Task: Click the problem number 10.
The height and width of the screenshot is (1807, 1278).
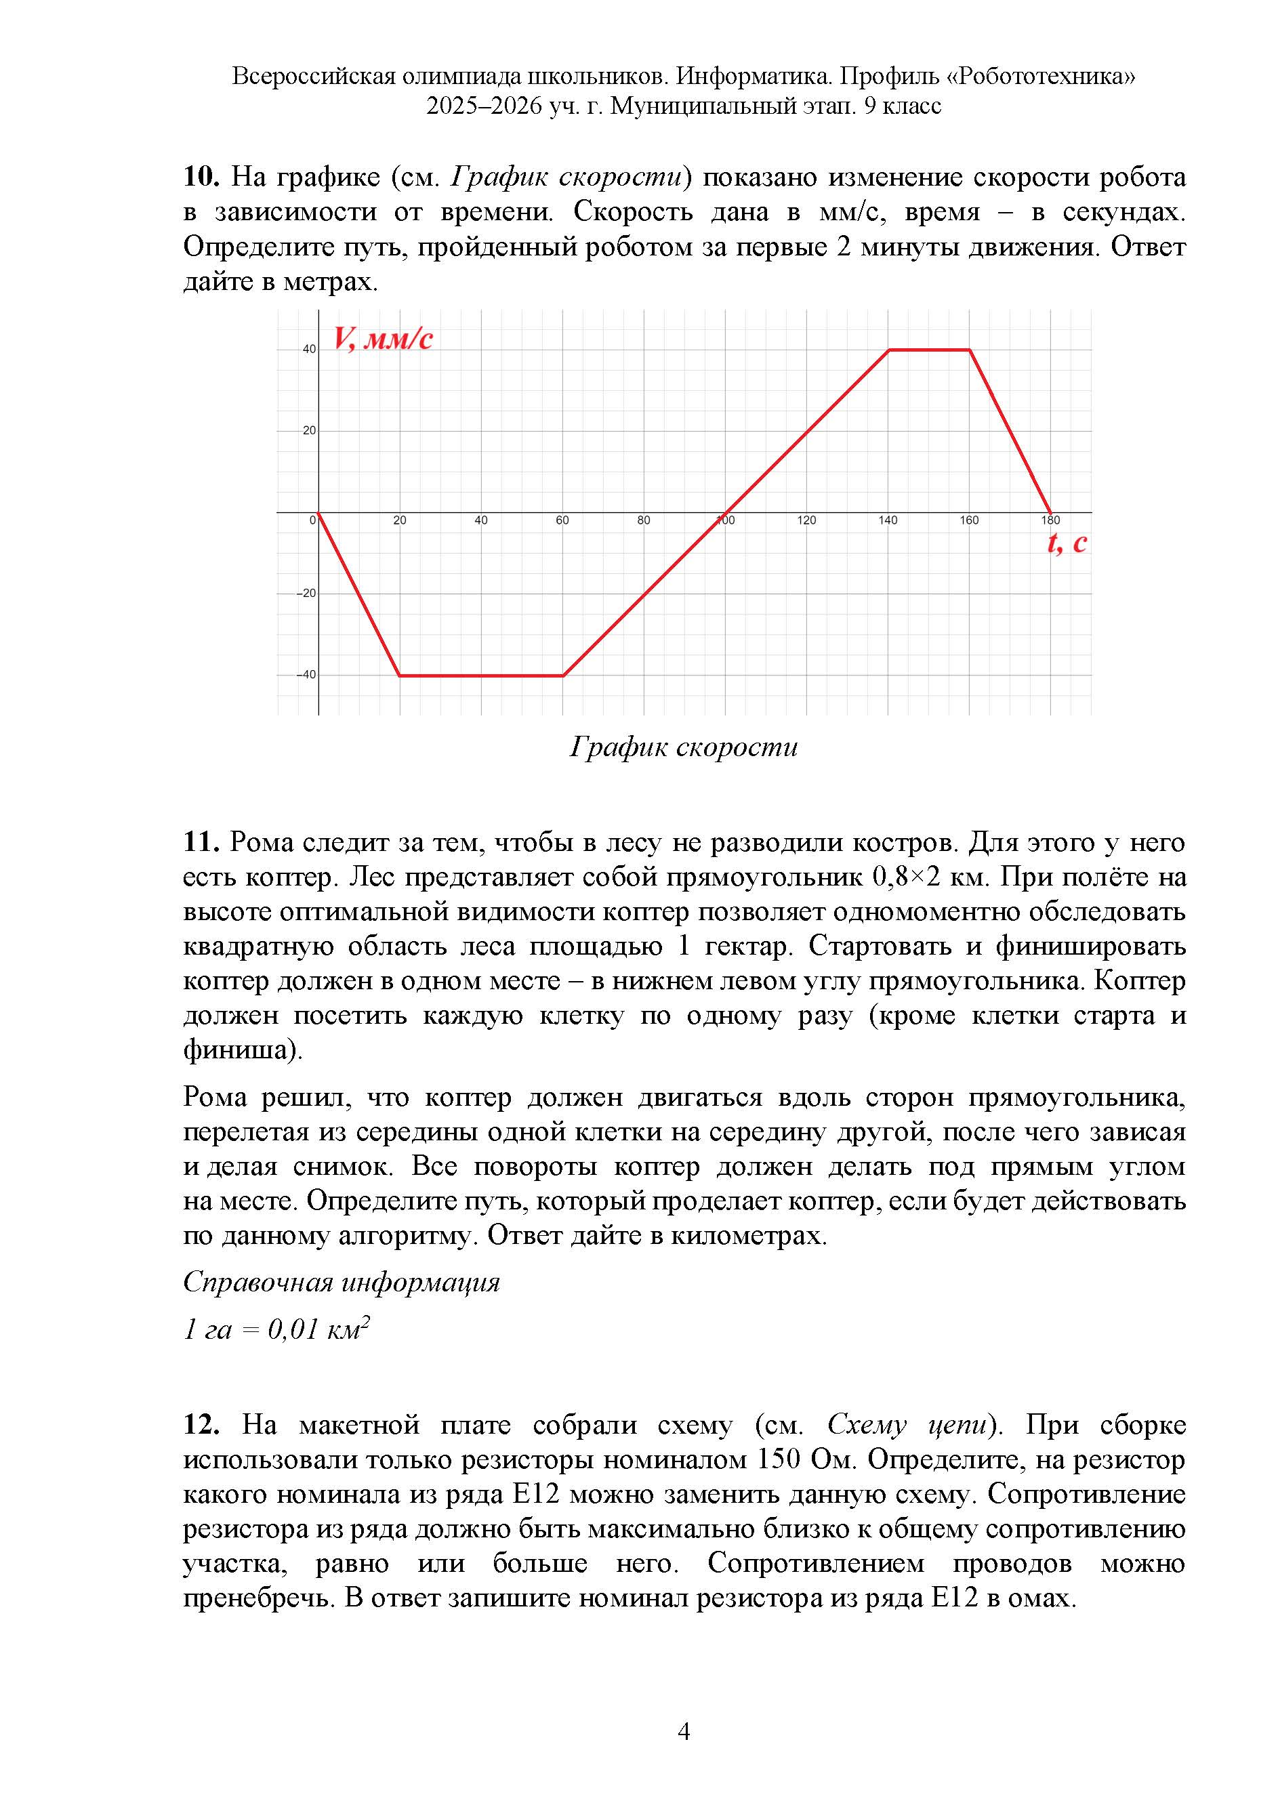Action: [201, 177]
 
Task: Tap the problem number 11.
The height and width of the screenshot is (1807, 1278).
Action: [201, 842]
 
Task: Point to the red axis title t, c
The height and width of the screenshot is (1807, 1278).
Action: [1067, 543]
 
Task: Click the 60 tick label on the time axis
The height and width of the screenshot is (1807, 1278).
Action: [562, 521]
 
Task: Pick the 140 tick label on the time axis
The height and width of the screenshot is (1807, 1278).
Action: [888, 521]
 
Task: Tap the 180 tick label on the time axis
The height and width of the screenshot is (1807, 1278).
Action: [1050, 521]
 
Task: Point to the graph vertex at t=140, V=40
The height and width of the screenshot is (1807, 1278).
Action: [888, 350]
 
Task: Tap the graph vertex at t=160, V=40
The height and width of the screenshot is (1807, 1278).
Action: [970, 350]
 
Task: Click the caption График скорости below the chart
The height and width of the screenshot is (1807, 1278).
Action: [683, 747]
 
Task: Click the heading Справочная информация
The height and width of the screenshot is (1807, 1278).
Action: [342, 1282]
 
